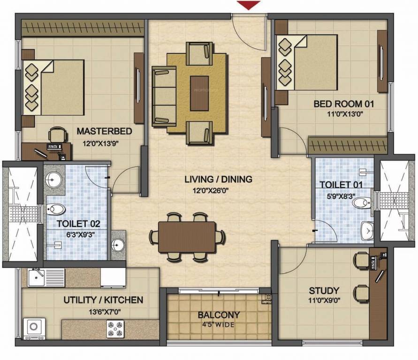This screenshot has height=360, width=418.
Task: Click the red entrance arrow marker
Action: [248, 5]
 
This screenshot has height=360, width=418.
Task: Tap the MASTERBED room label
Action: [104, 130]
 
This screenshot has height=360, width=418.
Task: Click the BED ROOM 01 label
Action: [344, 103]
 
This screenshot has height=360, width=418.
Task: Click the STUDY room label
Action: [324, 291]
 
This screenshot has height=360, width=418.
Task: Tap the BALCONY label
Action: [219, 315]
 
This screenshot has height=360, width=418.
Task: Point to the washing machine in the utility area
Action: [35, 327]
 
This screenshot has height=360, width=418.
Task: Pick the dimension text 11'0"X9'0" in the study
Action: [324, 301]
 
